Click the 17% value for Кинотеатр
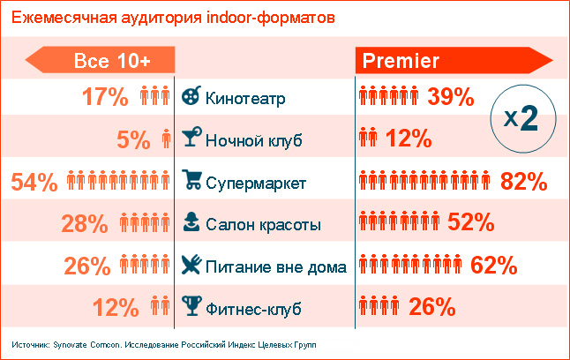click(106, 97)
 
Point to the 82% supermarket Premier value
click(524, 183)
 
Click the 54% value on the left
click(34, 183)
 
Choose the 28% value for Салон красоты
click(85, 224)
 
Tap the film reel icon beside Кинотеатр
click(191, 97)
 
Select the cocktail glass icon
click(191, 139)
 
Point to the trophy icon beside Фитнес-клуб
click(191, 307)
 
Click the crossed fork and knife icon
click(191, 265)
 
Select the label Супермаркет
click(256, 184)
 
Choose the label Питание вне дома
click(275, 266)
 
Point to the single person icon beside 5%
click(167, 139)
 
